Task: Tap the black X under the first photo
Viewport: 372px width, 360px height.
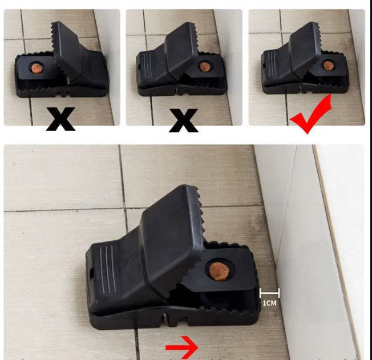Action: coord(60,119)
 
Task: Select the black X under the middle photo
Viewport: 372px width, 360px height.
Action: coord(183,120)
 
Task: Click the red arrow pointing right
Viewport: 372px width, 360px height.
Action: coord(182,347)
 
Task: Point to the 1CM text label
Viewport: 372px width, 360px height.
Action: coord(269,303)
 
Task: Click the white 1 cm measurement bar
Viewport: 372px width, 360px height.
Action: coord(270,293)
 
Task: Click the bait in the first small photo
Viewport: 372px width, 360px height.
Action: coord(37,68)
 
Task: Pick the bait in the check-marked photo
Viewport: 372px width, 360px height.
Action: coord(328,65)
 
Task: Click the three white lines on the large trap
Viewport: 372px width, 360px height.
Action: coord(108,269)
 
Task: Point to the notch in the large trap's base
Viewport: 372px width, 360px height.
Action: coord(166,319)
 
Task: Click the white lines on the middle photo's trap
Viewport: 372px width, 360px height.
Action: coord(147,65)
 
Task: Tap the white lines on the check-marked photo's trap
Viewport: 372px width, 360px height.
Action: coord(271,64)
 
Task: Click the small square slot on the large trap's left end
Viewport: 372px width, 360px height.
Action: coord(91,273)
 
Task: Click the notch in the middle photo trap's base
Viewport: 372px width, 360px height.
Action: coord(177,91)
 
